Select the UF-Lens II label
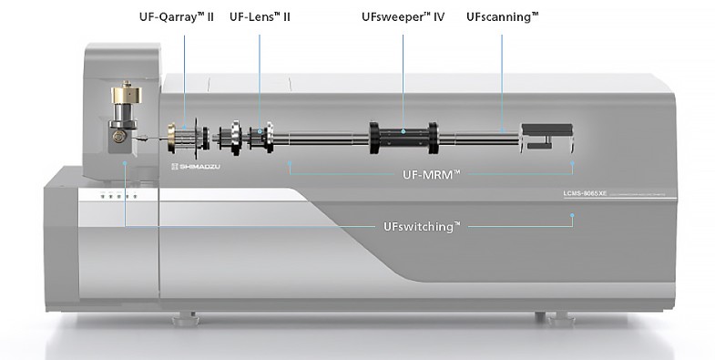260,16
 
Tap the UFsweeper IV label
403,16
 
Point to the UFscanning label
502,16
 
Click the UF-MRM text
430,173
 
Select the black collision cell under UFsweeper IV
403,139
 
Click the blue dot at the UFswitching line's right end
572,216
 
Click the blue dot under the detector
572,163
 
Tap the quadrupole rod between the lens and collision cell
323,139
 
